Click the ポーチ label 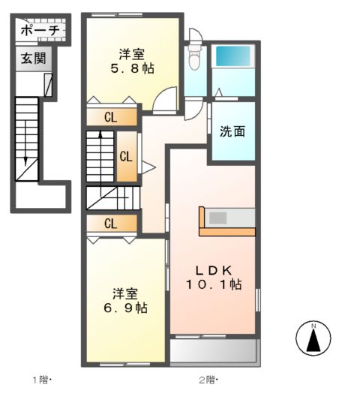(x=40, y=31)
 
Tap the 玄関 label (x=34, y=59)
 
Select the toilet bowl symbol (x=195, y=58)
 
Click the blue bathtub (x=233, y=56)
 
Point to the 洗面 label (x=232, y=131)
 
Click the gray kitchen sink (x=218, y=218)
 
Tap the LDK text (x=214, y=271)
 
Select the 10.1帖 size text (x=214, y=284)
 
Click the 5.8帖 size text (x=132, y=68)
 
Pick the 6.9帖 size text (x=125, y=308)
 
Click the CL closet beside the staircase (x=126, y=157)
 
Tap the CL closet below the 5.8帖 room (x=112, y=118)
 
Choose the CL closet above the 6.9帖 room (x=112, y=224)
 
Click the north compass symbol (x=313, y=338)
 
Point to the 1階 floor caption (x=42, y=380)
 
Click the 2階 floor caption (x=208, y=380)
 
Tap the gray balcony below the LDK (x=214, y=350)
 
